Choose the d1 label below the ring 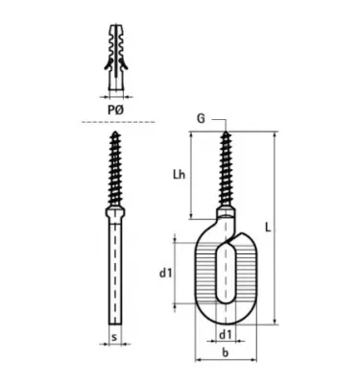(x=224, y=334)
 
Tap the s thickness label (x=113, y=338)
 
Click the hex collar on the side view (x=113, y=212)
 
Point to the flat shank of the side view (x=113, y=274)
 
